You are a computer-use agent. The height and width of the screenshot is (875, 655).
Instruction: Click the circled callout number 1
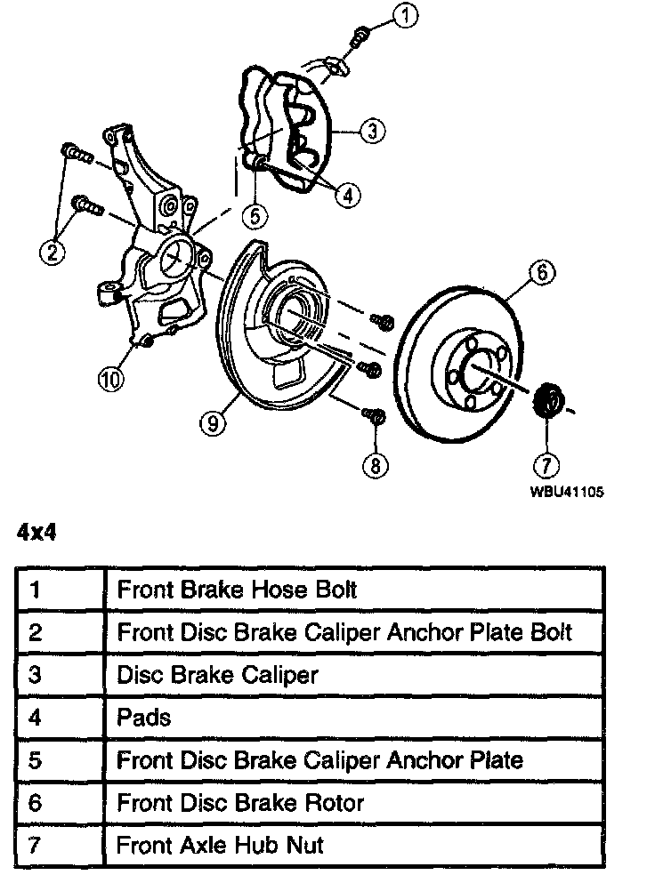point(405,14)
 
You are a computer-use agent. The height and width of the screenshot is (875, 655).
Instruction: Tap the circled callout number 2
point(53,252)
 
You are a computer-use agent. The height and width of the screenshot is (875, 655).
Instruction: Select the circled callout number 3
point(373,131)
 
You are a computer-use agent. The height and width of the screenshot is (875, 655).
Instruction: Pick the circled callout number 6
point(540,272)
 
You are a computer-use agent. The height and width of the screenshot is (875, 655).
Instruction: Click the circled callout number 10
point(110,380)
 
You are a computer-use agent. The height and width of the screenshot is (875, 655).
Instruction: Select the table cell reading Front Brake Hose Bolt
point(238,589)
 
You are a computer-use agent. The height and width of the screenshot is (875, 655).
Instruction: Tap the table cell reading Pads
point(143,717)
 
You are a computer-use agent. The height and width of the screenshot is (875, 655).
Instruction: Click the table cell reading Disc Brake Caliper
point(217,674)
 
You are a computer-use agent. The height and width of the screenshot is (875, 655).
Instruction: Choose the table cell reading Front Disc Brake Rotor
point(240,802)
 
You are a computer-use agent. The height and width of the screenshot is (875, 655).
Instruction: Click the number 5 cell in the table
point(36,760)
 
